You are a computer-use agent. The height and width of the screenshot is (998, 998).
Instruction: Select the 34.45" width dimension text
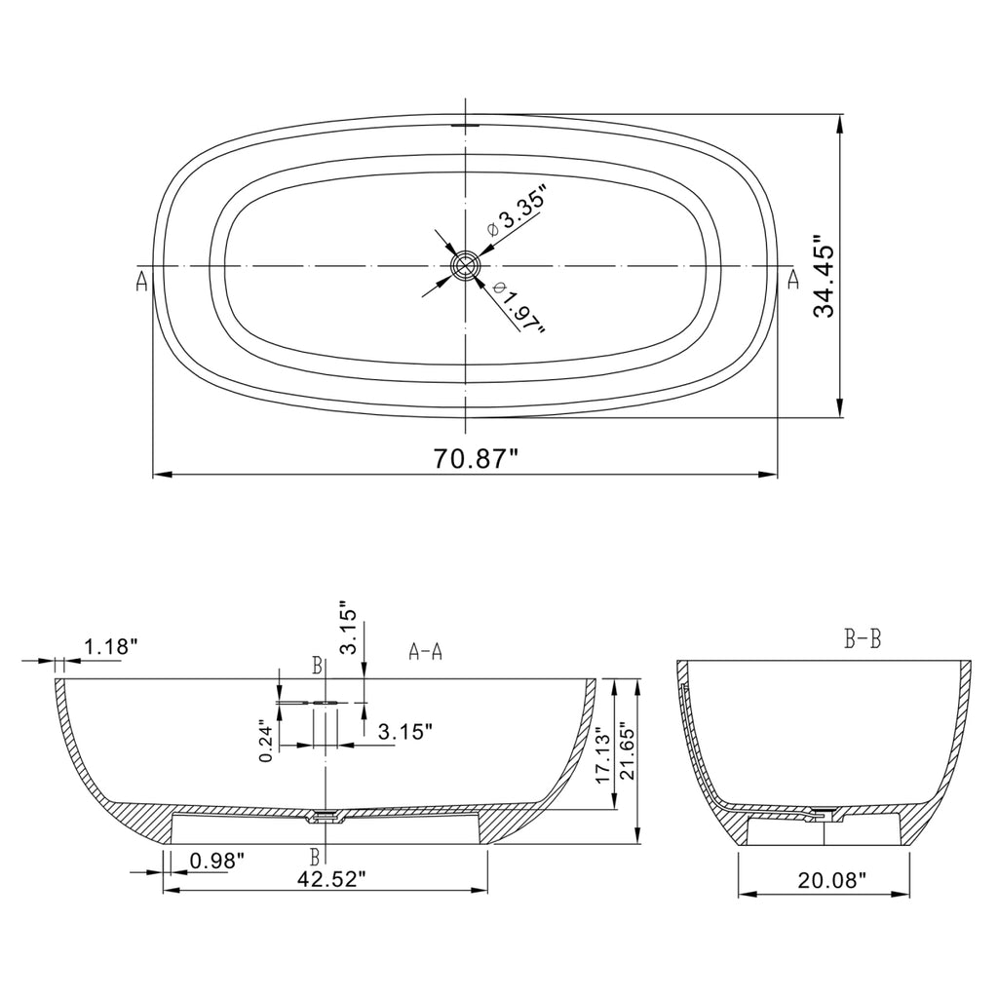(825, 276)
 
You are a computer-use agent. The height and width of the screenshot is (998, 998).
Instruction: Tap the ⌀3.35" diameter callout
(515, 213)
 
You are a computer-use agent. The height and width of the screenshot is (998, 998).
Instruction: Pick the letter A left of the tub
(142, 282)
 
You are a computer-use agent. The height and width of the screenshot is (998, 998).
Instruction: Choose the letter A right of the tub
(792, 281)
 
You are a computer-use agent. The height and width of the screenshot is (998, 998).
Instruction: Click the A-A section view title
(425, 652)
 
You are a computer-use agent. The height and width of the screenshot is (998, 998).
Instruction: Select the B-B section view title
(863, 640)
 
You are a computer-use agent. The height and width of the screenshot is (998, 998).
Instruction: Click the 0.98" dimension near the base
(216, 861)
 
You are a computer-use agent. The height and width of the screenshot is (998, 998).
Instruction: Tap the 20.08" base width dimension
(831, 881)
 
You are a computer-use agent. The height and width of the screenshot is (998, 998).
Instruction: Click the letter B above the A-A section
(317, 666)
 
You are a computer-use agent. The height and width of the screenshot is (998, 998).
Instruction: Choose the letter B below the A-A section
(315, 858)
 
